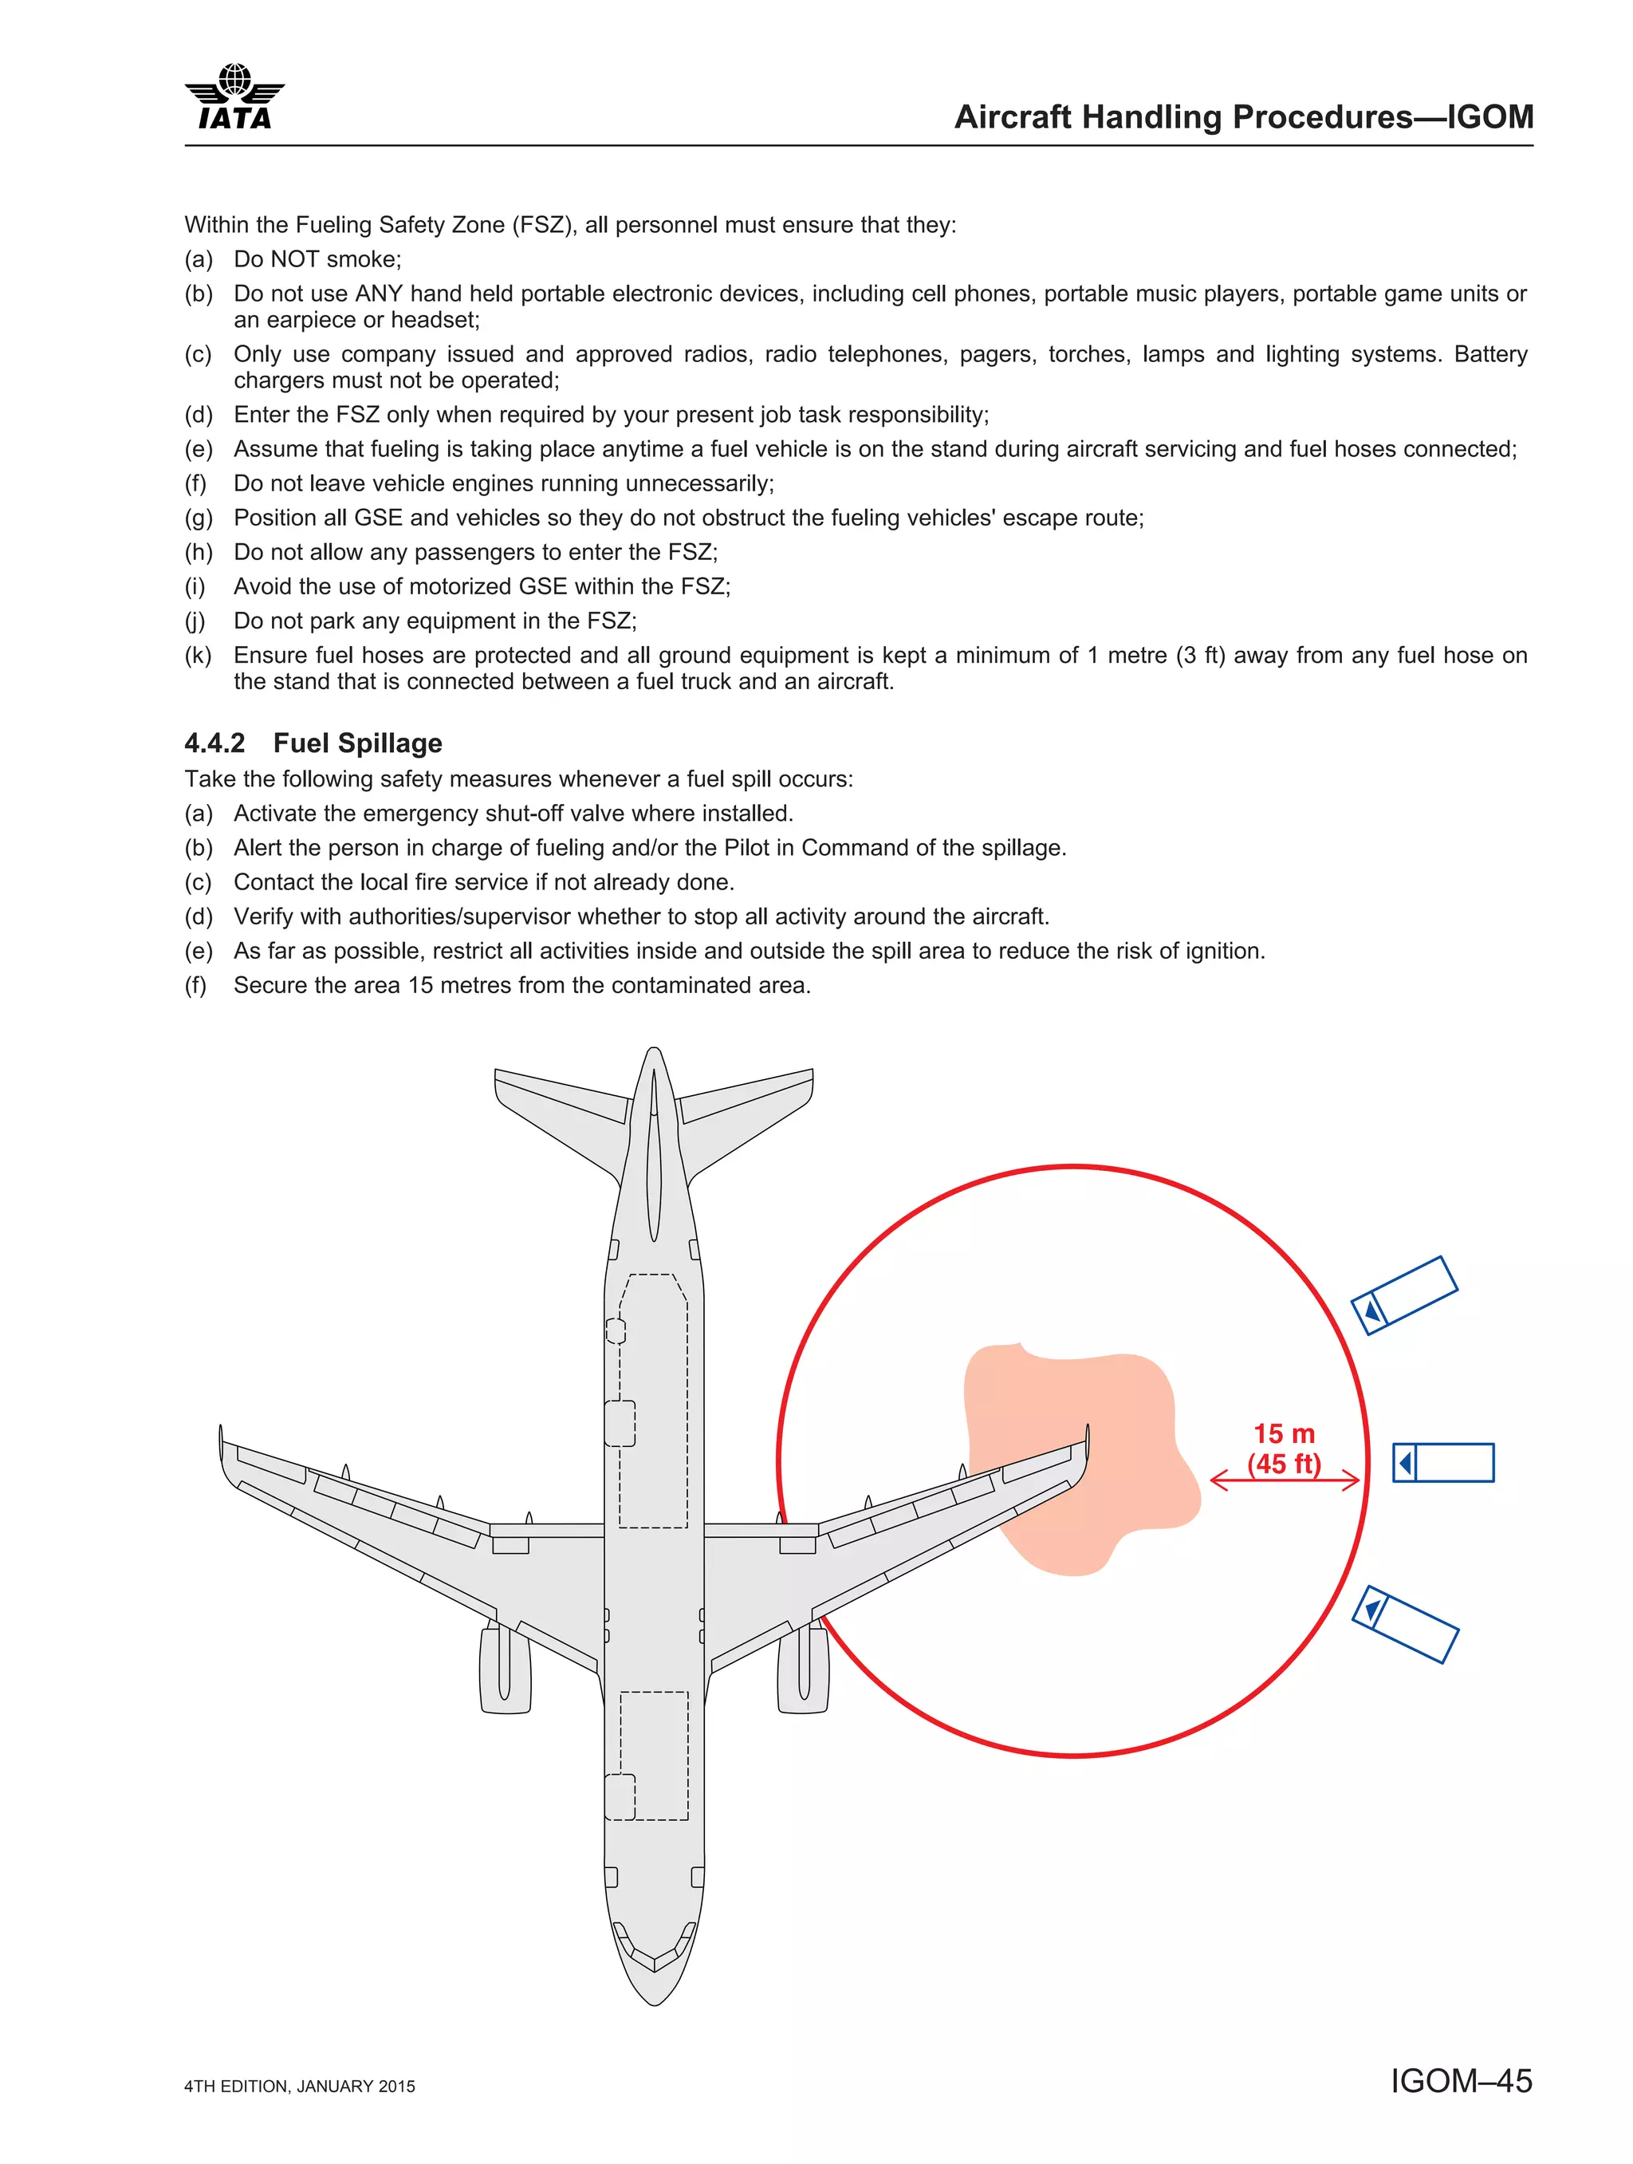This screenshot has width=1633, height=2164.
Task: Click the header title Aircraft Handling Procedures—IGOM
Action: pyautogui.click(x=1243, y=117)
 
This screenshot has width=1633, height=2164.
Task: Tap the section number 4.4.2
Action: pyautogui.click(x=215, y=743)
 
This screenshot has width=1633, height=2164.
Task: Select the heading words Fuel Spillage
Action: pyautogui.click(x=357, y=743)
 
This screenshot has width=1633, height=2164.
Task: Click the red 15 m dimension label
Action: pyautogui.click(x=1284, y=1434)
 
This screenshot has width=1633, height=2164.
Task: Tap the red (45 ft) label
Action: pyautogui.click(x=1284, y=1464)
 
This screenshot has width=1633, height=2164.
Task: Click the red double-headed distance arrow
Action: pyautogui.click(x=1284, y=1480)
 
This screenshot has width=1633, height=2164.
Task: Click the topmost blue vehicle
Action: pyautogui.click(x=1404, y=1295)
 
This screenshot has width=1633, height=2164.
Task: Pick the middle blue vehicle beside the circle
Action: pyautogui.click(x=1443, y=1463)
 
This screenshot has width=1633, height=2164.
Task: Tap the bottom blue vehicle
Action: pyautogui.click(x=1405, y=1624)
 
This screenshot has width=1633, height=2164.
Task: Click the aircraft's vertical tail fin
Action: pyautogui.click(x=653, y=1154)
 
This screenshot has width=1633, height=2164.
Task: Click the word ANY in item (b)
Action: pyautogui.click(x=379, y=294)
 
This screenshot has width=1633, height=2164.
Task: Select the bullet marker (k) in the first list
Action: pyautogui.click(x=198, y=656)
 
